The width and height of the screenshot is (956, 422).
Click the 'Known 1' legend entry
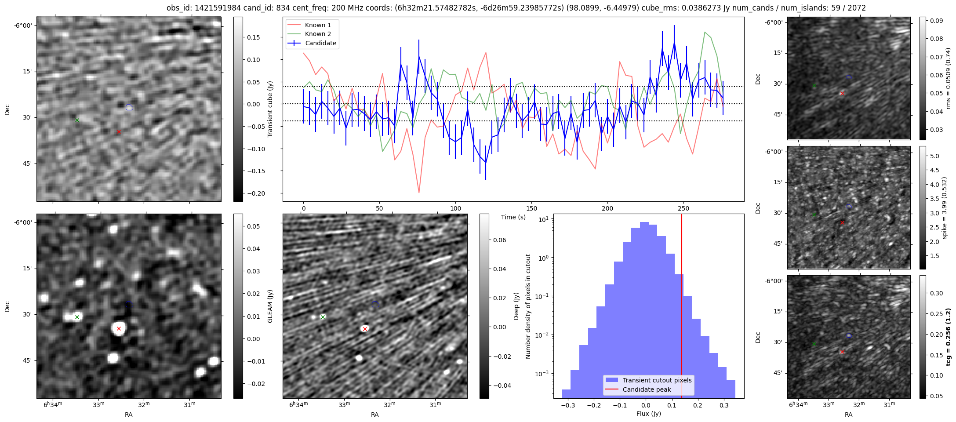tap(317, 25)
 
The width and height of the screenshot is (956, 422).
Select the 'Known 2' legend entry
tap(317, 34)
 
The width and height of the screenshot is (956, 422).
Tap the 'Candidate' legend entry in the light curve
tap(320, 43)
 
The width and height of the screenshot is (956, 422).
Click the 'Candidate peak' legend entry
tap(647, 389)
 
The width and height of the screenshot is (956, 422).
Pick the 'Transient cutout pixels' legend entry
tap(657, 380)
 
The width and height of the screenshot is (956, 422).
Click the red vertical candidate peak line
tap(682, 308)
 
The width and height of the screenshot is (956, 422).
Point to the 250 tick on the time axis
tap(683, 208)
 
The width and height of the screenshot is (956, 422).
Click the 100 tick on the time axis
tap(456, 208)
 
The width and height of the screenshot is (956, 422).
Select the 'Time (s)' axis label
tap(513, 217)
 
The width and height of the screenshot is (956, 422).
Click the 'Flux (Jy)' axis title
tap(648, 414)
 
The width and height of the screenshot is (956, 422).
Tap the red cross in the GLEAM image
tap(119, 328)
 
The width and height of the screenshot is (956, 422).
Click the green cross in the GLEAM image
tap(77, 317)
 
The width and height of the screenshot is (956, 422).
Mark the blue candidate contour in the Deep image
tap(375, 304)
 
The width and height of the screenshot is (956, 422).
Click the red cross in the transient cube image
tap(119, 131)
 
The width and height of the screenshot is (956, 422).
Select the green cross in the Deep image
tap(323, 317)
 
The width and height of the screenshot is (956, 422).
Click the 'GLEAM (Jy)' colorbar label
tap(270, 306)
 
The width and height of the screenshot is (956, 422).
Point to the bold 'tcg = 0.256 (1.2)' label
tap(948, 337)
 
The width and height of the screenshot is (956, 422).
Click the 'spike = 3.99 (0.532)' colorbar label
tap(945, 207)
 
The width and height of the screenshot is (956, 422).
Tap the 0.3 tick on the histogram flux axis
tap(724, 405)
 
